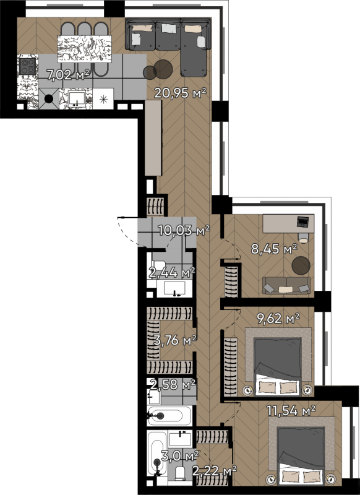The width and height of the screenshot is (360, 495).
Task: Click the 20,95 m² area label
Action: [x=180, y=93]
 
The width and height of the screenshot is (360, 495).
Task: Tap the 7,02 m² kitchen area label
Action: [x=69, y=75]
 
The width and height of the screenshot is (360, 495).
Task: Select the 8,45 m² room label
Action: [x=274, y=249]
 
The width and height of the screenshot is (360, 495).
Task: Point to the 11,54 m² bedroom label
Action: [x=291, y=411]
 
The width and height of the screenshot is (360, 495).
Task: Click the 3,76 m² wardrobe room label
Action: [x=175, y=340]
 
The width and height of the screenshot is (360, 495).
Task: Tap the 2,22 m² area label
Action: [x=215, y=471]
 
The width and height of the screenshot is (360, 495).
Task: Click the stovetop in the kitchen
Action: [x=27, y=66]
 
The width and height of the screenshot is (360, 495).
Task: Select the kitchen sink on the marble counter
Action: [x=77, y=98]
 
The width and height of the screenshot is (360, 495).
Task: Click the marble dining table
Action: [x=84, y=49]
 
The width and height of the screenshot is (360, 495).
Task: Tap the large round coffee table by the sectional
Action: [x=163, y=69]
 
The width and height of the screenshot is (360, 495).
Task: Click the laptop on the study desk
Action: [x=302, y=222]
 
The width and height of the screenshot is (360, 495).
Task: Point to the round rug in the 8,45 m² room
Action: [x=301, y=265]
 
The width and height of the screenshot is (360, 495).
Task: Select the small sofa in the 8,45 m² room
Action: [x=286, y=285]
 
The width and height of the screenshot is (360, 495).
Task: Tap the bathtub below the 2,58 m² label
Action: [x=169, y=415]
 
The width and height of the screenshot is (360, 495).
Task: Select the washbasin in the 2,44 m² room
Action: [x=174, y=288]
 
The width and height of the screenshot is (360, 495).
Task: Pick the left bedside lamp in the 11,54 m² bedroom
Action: [x=271, y=479]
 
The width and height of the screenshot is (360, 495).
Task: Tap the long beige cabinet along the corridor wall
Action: [x=153, y=137]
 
